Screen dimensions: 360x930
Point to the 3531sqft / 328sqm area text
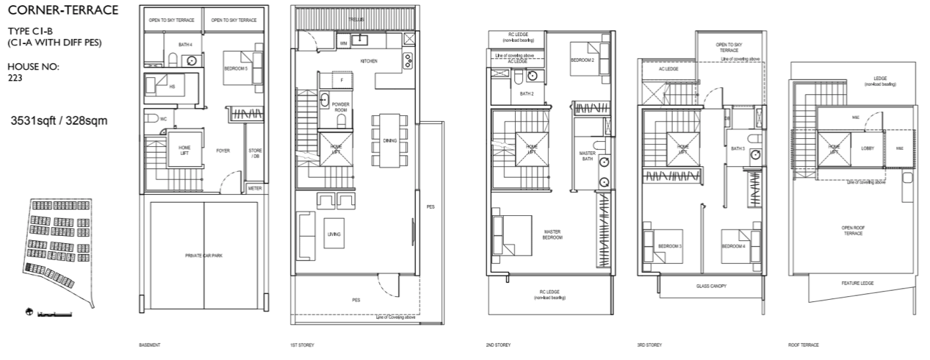click(x=60, y=120)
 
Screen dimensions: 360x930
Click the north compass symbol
click(x=28, y=314)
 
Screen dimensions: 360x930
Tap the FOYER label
click(x=223, y=151)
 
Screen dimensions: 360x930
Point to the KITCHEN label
click(x=368, y=61)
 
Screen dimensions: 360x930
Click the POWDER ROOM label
click(x=340, y=107)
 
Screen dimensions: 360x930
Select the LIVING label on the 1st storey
click(x=334, y=234)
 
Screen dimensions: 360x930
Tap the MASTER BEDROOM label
click(x=552, y=234)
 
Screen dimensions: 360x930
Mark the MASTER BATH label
click(x=587, y=156)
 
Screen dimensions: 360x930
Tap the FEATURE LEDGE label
click(x=857, y=283)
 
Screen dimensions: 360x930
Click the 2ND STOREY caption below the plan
click(x=499, y=345)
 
